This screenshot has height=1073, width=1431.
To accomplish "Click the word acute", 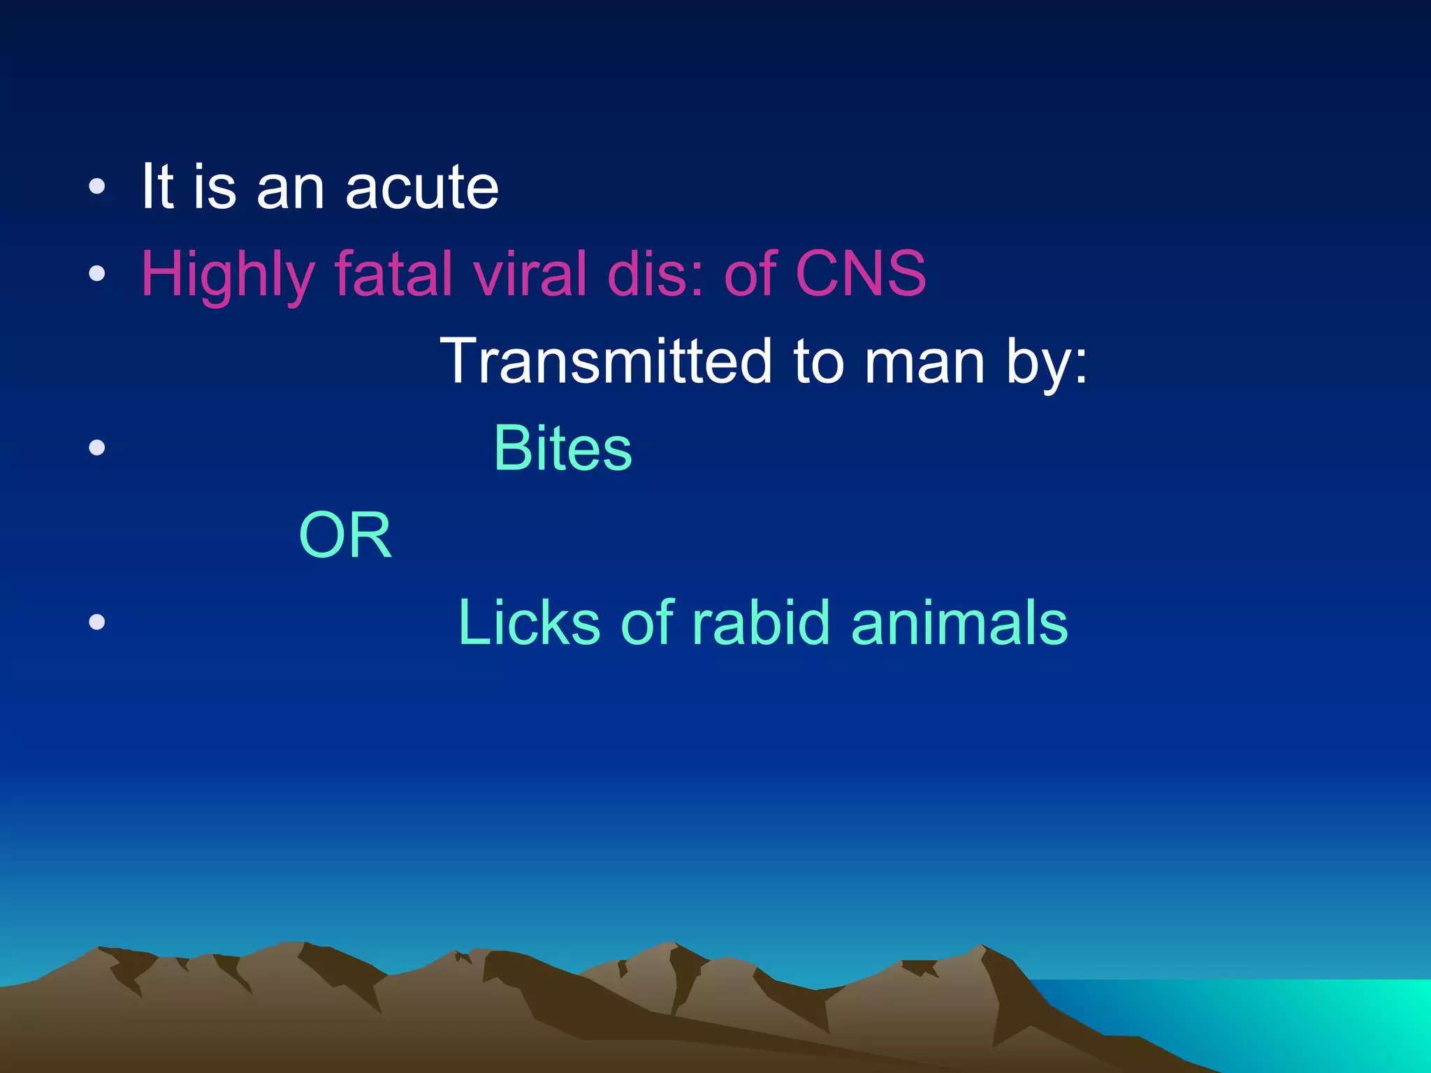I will (x=422, y=189).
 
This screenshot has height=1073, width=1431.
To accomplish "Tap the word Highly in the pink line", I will (x=228, y=276).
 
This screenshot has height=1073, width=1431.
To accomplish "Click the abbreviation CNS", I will (x=860, y=274).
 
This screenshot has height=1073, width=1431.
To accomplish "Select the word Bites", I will (x=562, y=448).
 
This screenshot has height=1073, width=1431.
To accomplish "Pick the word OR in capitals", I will (x=344, y=536).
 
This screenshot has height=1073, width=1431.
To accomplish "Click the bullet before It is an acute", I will (x=97, y=187).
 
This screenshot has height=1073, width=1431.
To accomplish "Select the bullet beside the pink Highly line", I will (x=97, y=274).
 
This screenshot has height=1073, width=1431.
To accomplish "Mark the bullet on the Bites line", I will (x=97, y=447).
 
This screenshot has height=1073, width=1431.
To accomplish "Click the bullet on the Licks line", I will (x=97, y=622).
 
